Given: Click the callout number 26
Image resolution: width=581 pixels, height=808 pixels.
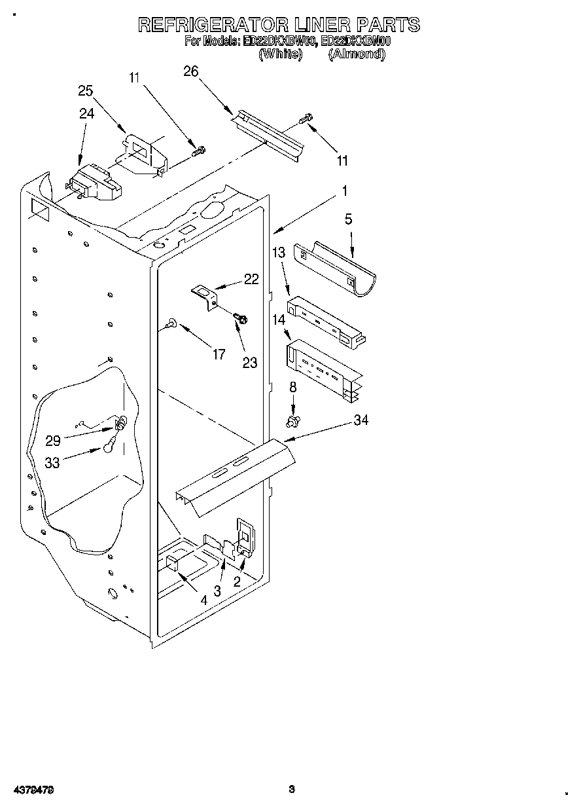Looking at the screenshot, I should point(190,71).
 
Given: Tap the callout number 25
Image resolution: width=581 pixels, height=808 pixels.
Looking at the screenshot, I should point(86,91).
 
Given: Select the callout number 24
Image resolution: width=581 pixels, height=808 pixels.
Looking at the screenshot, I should point(86,113).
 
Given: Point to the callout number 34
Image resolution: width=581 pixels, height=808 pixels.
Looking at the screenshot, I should point(361,420).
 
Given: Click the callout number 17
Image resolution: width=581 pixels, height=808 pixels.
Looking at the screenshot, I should point(219,354).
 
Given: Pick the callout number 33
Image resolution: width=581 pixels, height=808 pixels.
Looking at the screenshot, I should point(52,462).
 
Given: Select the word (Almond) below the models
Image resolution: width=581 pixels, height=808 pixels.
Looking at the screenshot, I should point(356,55).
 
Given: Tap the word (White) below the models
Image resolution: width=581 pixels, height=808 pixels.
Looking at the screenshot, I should point(281,55).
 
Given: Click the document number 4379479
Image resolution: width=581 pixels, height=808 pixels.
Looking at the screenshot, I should point(32,790).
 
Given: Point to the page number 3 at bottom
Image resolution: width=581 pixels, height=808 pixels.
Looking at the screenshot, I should point(292,790).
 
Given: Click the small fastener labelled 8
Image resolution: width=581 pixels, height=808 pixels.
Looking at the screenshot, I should point(292,419).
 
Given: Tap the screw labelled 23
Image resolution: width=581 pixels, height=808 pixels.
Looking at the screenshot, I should point(240,318).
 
